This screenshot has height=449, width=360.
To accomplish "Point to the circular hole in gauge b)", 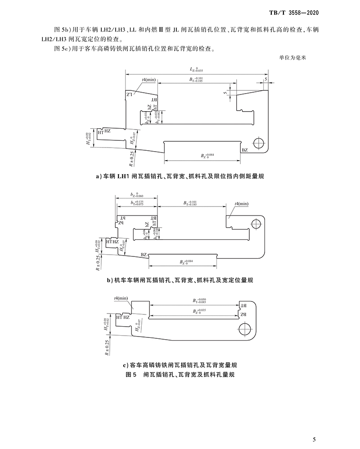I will pos(255,224).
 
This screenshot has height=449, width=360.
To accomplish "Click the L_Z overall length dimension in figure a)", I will pos(196,70).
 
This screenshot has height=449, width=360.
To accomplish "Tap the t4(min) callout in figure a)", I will pos(148,80).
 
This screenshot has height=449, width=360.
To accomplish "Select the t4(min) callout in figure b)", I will pos(241,204).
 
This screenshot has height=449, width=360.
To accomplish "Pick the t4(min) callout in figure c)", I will pos(121,298).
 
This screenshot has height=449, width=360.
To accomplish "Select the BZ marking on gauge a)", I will pos(245,149).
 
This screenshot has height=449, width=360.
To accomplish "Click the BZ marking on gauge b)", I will pos(144,255).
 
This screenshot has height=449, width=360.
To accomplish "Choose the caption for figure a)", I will pos(180,177).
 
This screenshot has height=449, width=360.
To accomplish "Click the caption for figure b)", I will pos(180,280).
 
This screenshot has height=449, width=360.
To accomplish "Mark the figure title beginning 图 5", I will pos(180,374).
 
